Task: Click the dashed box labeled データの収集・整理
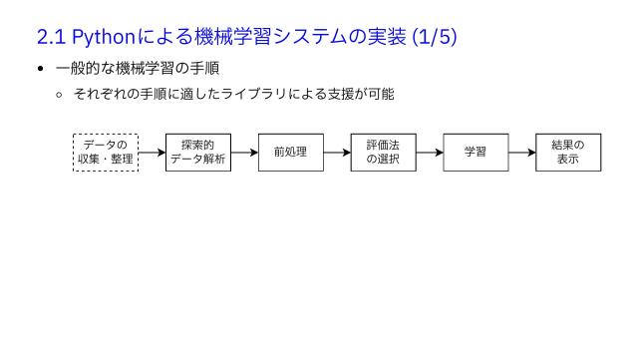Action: point(106,152)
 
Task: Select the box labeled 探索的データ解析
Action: point(198,152)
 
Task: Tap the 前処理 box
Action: point(291,152)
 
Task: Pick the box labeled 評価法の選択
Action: point(383,152)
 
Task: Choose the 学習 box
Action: point(476,152)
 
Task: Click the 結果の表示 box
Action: point(568,152)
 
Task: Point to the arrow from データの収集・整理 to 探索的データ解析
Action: point(152,153)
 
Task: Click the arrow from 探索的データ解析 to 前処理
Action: point(244,153)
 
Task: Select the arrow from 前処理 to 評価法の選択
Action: point(337,153)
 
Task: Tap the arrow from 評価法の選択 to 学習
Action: point(430,153)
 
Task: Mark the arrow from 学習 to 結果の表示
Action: point(521,153)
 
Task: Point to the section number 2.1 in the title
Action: point(51,38)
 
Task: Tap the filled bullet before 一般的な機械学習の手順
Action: point(41,69)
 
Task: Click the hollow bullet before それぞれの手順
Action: point(59,95)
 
